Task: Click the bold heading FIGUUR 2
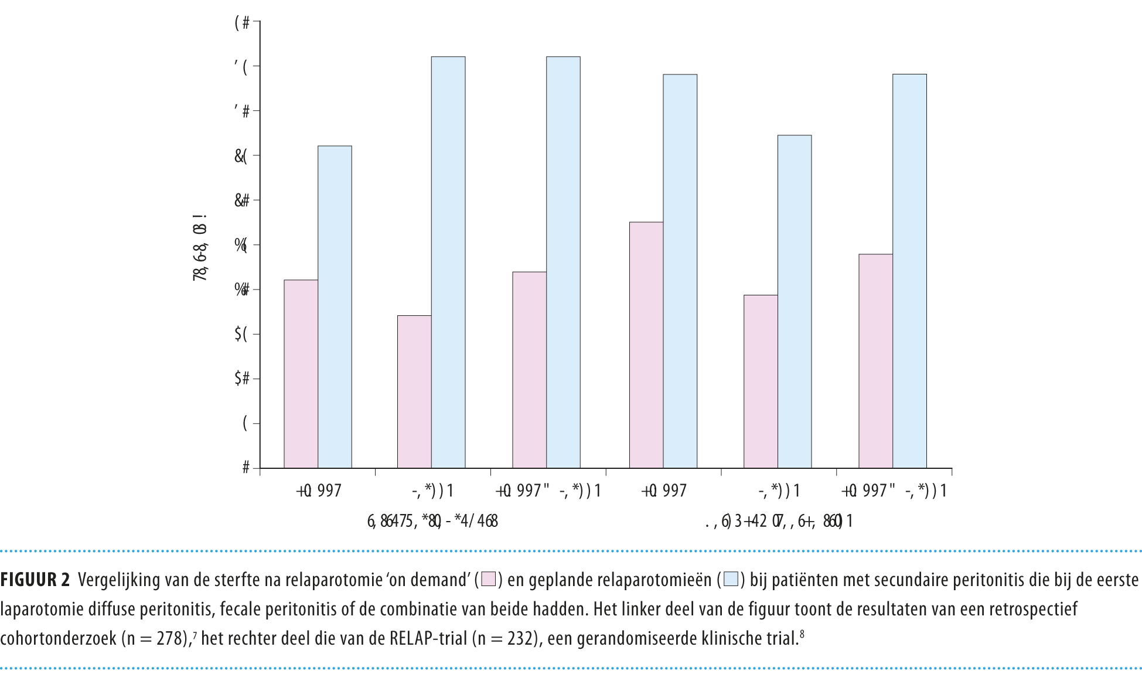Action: click(x=35, y=580)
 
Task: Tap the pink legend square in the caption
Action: click(x=489, y=580)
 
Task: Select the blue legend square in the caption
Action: click(x=731, y=580)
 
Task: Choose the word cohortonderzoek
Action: click(x=59, y=638)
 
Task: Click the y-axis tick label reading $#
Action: click(x=242, y=379)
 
